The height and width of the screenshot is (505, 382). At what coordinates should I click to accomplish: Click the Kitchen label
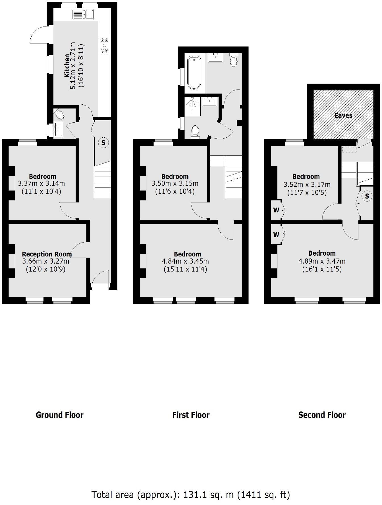click(x=67, y=65)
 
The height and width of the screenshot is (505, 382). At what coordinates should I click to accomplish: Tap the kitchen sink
click(x=83, y=14)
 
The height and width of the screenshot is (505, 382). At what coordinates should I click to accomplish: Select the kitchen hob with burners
click(x=105, y=45)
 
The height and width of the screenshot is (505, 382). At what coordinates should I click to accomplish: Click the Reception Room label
click(x=47, y=254)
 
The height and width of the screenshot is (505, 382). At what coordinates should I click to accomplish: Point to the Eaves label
click(x=343, y=115)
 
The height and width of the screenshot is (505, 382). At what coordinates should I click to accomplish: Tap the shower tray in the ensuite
click(x=192, y=106)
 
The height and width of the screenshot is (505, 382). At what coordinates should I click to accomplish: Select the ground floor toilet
click(x=60, y=115)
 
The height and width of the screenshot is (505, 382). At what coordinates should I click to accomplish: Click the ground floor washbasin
click(x=58, y=129)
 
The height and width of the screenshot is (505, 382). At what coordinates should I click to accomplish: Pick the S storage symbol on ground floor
click(x=103, y=143)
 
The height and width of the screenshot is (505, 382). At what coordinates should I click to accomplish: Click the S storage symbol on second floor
click(x=367, y=196)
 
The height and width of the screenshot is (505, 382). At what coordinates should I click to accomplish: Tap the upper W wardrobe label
click(x=276, y=210)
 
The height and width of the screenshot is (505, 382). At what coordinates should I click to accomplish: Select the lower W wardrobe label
click(x=276, y=235)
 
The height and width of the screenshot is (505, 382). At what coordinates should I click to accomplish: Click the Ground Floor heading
click(x=60, y=415)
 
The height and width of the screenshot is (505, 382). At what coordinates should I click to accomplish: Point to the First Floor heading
click(x=191, y=415)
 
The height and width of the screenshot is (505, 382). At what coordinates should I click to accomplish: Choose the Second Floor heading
click(x=322, y=415)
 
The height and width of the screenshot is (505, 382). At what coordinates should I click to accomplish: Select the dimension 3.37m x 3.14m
click(x=41, y=183)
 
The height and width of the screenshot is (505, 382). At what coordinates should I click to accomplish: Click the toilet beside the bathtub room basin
click(x=234, y=60)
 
